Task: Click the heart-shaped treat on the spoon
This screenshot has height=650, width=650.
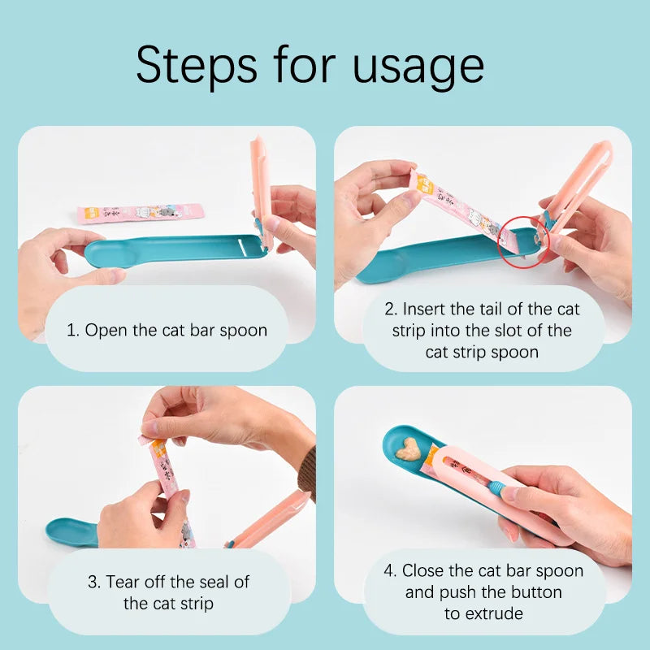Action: pyautogui.click(x=409, y=448)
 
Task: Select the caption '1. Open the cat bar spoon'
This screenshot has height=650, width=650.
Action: pyautogui.click(x=166, y=330)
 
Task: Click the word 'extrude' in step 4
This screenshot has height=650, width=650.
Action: pyautogui.click(x=483, y=613)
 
